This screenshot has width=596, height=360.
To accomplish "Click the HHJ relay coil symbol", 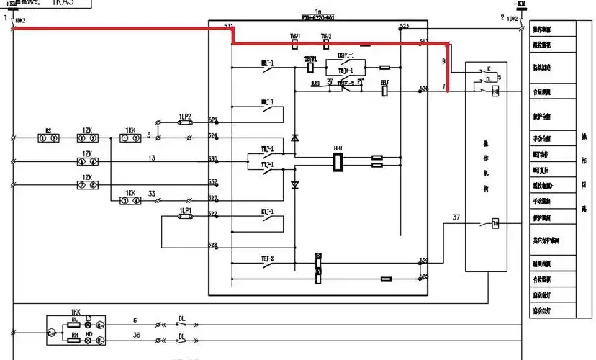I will click(336, 161).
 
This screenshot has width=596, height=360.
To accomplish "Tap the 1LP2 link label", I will click(185, 115).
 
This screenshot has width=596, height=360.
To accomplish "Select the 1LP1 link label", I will click(185, 210).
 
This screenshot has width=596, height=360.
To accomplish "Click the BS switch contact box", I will click(48, 136).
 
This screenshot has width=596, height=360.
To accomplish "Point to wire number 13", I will click(151, 158).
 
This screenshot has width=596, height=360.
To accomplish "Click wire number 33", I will click(150, 193).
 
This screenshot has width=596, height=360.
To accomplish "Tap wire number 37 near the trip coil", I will click(456, 217).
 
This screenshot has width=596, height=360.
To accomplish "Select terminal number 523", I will click(404, 27).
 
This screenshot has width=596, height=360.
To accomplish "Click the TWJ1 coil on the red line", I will click(295, 44).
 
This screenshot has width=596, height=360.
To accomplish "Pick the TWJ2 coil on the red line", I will click(326, 44).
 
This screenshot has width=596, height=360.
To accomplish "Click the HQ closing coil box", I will click(495, 91).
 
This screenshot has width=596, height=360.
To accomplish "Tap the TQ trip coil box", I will click(495, 225).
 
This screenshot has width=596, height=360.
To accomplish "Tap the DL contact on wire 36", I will click(181, 338).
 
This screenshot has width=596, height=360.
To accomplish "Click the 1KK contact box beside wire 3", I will click(130, 136).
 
